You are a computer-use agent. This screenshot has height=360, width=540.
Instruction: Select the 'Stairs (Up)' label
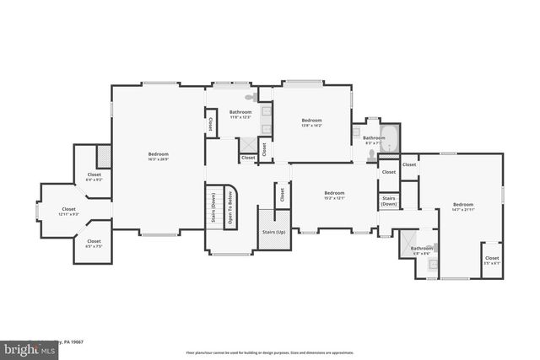pos(273,231)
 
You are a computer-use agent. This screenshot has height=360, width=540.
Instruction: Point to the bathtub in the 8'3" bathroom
pos(391,137)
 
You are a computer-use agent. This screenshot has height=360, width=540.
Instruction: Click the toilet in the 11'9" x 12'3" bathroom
pos(248,99)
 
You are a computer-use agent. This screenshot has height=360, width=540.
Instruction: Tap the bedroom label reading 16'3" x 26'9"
pos(159,156)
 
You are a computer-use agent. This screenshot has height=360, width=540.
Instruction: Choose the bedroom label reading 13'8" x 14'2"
pos(312,123)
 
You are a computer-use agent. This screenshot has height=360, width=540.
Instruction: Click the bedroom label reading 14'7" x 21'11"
pos(462,207)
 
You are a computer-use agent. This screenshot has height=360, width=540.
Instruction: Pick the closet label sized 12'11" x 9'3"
pos(69,211)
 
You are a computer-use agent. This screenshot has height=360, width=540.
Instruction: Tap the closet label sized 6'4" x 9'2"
pos(94,177)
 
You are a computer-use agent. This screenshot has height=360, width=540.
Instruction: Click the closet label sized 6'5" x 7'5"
pos(94,244)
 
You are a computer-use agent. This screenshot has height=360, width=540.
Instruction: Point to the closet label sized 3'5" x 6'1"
pos(491,261)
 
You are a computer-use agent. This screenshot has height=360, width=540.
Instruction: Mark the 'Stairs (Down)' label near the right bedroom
pos(389,201)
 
